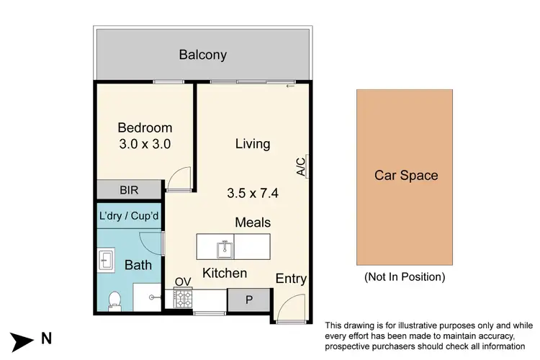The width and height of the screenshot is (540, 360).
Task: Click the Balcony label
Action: point(202,55)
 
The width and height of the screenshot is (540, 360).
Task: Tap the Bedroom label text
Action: point(145,128)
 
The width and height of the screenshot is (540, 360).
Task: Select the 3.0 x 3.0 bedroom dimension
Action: point(145,143)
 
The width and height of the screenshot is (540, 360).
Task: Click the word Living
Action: point(253,144)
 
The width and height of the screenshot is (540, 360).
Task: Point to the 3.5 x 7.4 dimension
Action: point(253,193)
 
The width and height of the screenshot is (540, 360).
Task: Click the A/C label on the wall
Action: point(301,167)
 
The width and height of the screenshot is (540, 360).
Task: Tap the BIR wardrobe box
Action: point(130,190)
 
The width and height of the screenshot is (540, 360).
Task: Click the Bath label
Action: point(138,265)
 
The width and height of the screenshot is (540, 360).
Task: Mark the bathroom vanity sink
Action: point(105,259)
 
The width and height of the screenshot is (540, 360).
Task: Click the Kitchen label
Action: point(224,274)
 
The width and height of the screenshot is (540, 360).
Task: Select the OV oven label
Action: point(183,282)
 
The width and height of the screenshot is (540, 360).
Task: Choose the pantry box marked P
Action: point(249,300)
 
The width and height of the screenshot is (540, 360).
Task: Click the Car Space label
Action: point(406,175)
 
